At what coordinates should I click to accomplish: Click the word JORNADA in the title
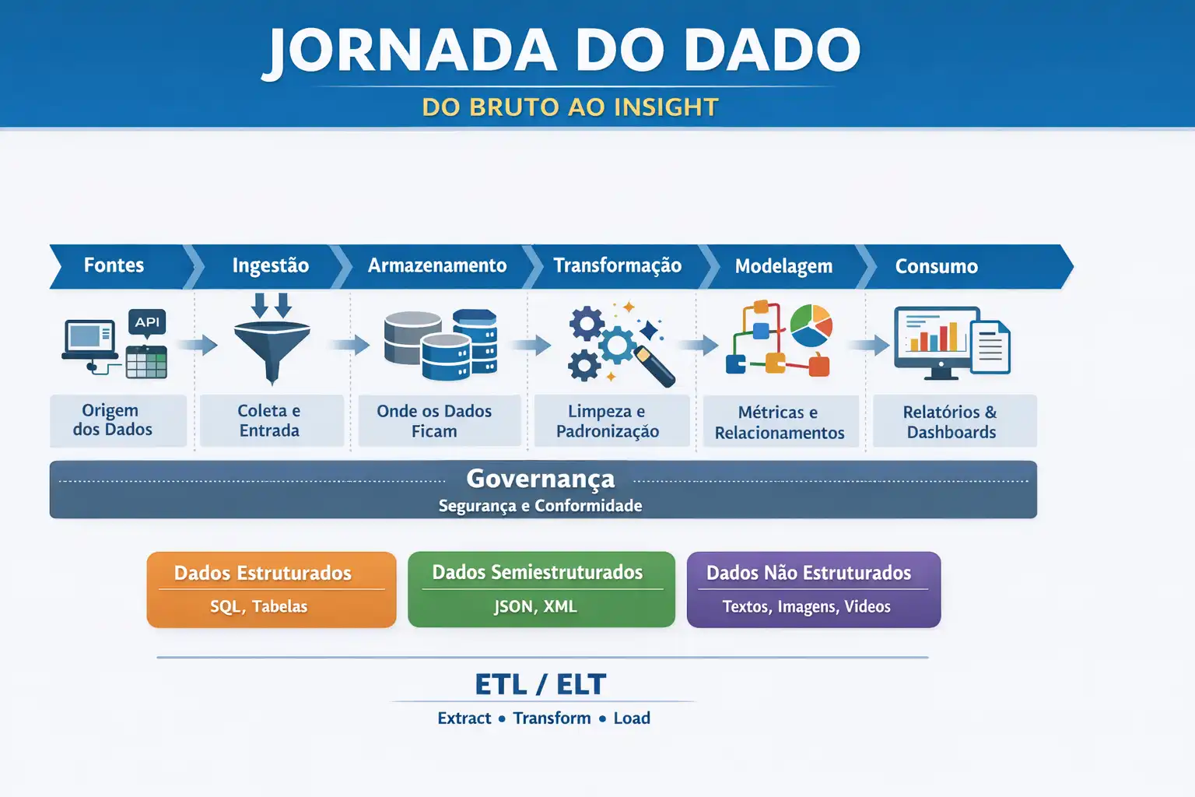411,51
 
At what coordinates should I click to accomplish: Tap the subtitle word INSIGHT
666,107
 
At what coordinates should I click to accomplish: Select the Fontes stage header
114,265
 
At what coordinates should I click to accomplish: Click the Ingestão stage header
271,266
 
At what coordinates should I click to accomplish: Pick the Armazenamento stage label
437,265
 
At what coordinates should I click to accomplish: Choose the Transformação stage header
617,265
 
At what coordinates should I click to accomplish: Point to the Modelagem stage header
783,266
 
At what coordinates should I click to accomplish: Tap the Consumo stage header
936,266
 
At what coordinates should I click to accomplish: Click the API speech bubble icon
147,323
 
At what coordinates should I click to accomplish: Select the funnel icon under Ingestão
272,339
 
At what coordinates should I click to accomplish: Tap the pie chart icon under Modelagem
811,325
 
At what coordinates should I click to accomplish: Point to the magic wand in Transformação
654,367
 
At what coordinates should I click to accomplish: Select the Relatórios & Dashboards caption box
955,421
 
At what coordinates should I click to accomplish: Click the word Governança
541,479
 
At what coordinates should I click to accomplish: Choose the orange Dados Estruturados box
272,589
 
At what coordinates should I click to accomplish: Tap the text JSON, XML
535,606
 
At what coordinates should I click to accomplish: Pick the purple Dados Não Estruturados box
814,589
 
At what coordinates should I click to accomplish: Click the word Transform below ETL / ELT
552,718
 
